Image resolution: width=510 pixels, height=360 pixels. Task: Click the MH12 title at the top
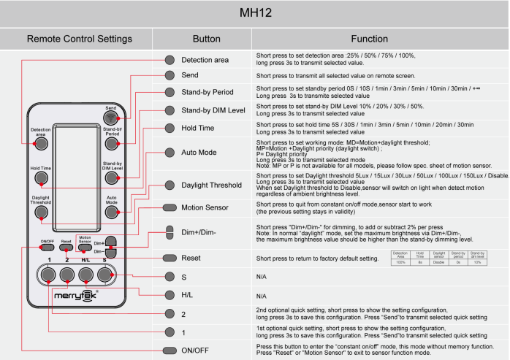(255, 13)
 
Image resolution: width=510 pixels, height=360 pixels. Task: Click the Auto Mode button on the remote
(111, 212)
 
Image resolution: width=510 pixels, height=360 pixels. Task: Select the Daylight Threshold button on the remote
(41, 212)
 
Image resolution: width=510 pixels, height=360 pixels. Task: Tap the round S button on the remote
(105, 274)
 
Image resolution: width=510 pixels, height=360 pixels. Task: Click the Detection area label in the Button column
(205, 59)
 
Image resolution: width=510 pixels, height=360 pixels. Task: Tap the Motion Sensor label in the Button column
(206, 207)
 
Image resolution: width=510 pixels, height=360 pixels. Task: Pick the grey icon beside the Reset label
(170, 258)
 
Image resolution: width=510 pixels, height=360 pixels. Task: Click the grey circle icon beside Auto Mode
(170, 153)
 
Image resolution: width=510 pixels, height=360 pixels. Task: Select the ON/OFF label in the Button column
(196, 351)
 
